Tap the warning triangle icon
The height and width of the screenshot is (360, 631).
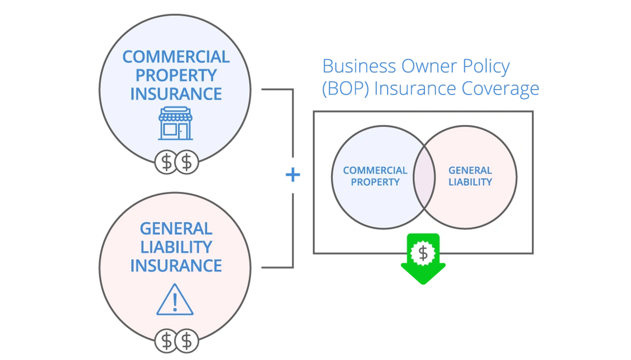point(175,299)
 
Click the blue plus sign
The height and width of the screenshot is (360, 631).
point(293,175)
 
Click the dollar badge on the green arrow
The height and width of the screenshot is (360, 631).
point(423,253)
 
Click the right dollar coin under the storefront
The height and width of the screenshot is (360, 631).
point(187,162)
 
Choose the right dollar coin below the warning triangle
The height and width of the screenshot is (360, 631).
point(187,341)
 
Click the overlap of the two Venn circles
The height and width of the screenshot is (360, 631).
point(424,177)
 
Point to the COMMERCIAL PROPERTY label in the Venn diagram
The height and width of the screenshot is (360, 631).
point(375,176)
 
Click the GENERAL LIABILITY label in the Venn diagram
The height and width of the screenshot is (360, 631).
point(470,176)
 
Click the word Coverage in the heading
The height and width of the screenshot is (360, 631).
point(500,88)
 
